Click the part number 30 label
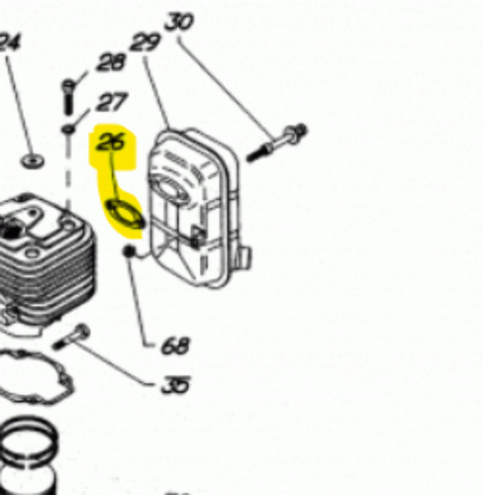pos(179,22)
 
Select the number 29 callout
pos(145,43)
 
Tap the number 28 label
pos(111,62)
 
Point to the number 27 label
pos(112,102)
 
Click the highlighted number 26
pos(111,142)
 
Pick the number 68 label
pos(175,346)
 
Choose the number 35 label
pos(175,385)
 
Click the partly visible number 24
pos(10,43)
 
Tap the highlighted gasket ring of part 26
pos(126,214)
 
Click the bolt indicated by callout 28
pos(68,97)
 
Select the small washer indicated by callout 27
pos(68,129)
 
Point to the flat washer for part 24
pos(33,161)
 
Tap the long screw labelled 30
pos(277,143)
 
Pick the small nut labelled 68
pos(129,251)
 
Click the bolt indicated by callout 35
pos(71,337)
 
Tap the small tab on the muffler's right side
pos(242,257)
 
